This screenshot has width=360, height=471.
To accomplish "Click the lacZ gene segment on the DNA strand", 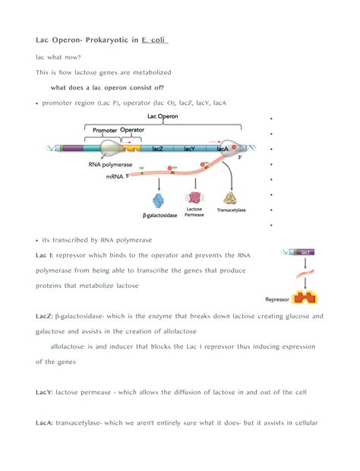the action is point(158,148).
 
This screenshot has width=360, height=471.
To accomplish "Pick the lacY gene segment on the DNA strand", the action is point(190,148).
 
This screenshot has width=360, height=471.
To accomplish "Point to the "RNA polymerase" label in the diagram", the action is point(110,164).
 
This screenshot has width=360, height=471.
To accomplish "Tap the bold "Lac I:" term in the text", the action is point(46,255).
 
